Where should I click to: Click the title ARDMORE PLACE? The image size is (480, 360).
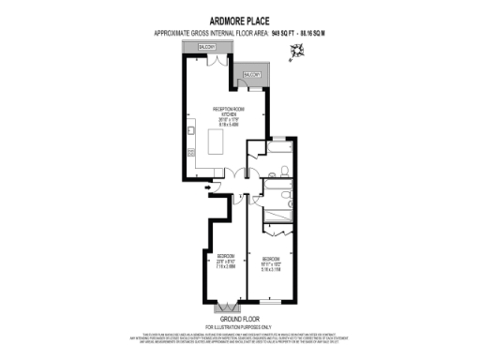(x=240, y=17)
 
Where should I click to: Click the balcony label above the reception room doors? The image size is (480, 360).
(x=206, y=47)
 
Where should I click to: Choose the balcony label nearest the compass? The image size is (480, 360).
(x=252, y=74)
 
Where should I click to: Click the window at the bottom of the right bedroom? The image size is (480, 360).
(x=270, y=302)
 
